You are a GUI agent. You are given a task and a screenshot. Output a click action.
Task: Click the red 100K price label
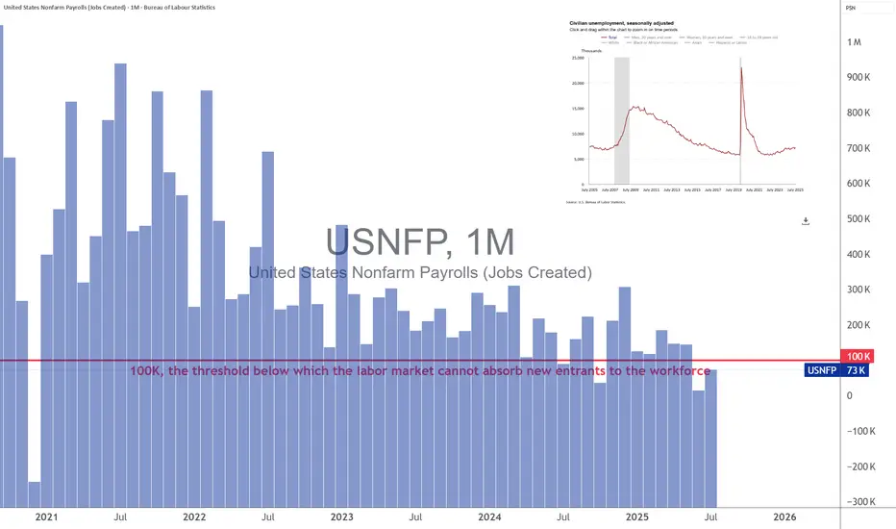855,356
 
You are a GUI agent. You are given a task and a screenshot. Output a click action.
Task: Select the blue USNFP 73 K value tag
835,370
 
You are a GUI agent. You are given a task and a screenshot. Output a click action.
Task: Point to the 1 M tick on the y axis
854,42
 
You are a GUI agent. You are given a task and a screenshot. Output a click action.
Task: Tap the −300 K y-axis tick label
858,501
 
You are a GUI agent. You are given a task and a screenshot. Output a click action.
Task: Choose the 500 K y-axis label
857,219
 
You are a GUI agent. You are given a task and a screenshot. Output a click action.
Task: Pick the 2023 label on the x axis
341,516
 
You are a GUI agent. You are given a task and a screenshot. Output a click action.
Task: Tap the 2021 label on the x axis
46,516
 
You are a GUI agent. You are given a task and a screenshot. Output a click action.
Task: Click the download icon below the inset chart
806,221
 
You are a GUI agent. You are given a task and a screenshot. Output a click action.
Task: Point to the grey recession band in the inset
622,120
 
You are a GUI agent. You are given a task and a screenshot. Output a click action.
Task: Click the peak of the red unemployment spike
740,67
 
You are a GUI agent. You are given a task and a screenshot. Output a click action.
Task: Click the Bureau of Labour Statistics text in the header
180,8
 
